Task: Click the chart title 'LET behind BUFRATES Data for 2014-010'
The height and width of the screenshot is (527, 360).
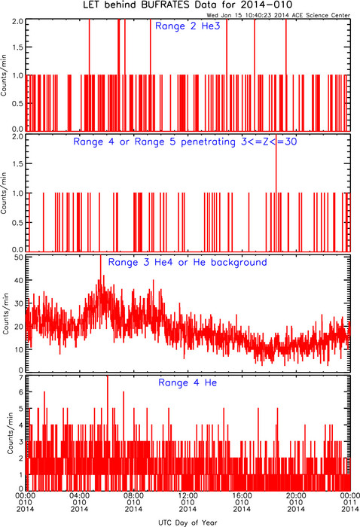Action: tap(188, 5)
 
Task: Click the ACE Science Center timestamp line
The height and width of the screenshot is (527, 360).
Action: tap(279, 15)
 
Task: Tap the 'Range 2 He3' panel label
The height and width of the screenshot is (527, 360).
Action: tap(188, 26)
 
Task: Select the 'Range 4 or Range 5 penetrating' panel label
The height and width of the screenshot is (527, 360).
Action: tap(154, 142)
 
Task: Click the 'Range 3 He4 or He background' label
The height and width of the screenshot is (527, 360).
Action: tap(188, 262)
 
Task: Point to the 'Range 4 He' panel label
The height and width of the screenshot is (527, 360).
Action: tap(188, 382)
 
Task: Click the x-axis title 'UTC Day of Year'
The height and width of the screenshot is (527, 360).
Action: tap(188, 522)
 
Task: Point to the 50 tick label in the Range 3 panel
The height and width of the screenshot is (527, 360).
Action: tap(19, 257)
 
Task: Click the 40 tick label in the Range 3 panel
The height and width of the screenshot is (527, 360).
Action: tap(19, 280)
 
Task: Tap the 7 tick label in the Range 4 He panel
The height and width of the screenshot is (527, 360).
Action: tap(21, 378)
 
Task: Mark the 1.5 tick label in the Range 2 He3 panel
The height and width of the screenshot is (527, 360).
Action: tap(18, 47)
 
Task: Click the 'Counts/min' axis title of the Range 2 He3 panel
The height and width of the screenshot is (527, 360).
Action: tap(4, 75)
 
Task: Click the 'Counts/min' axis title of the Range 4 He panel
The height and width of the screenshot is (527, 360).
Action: tap(11, 434)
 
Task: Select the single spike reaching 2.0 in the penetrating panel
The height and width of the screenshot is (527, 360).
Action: tap(276, 193)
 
